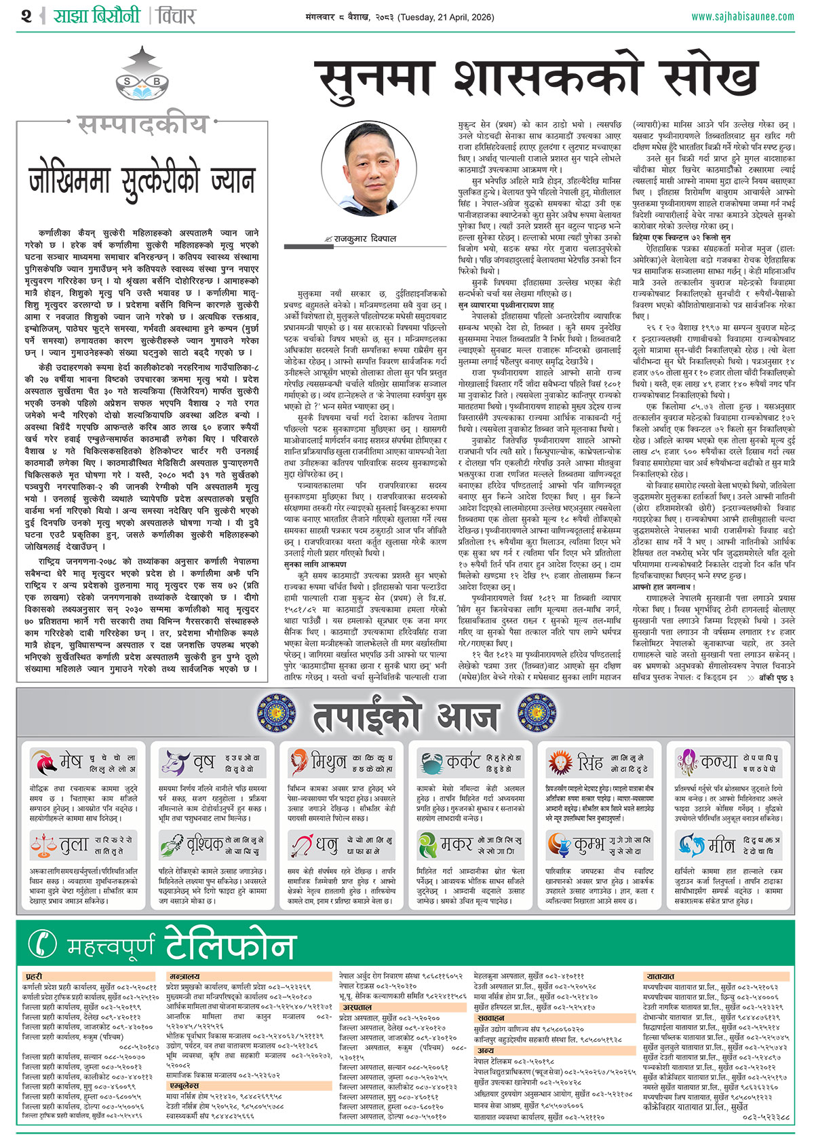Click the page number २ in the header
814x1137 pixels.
click(26, 16)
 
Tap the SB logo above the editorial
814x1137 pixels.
click(142, 82)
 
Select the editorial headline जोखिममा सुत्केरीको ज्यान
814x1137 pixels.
click(142, 181)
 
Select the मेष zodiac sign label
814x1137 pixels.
click(70, 762)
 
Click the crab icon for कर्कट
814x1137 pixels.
click(431, 763)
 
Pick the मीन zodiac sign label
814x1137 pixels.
click(721, 845)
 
